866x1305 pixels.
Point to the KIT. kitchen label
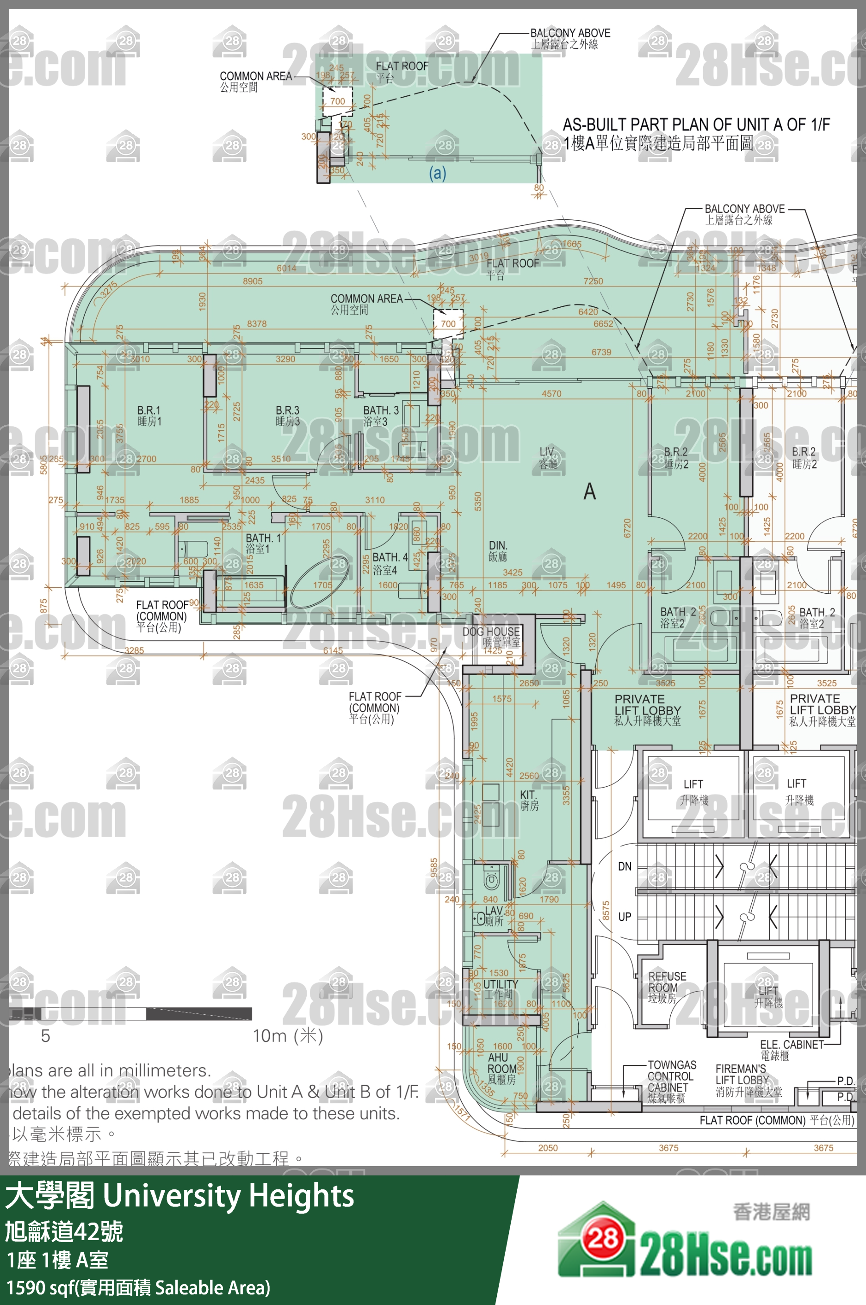click(x=529, y=800)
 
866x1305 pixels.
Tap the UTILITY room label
click(x=501, y=989)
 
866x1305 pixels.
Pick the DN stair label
click(x=625, y=866)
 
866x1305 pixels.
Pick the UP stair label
click(x=625, y=917)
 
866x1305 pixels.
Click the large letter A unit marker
click(x=590, y=491)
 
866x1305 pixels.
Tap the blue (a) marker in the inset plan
click(x=438, y=174)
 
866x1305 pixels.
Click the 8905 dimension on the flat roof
click(x=253, y=281)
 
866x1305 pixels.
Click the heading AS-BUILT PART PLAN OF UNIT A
click(x=696, y=125)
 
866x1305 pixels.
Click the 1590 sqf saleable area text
click(x=138, y=1287)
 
